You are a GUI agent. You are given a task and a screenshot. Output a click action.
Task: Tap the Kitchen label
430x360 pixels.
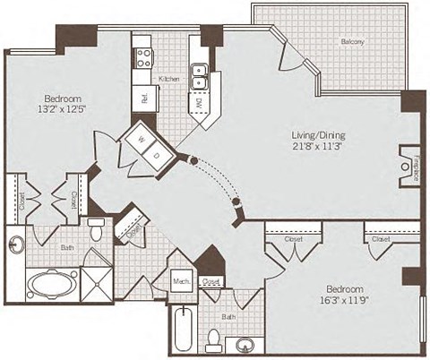[x=170, y=80]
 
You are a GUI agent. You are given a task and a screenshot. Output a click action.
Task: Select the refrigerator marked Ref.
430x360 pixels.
[x=143, y=97]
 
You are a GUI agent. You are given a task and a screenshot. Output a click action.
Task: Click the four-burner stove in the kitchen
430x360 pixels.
[x=143, y=58]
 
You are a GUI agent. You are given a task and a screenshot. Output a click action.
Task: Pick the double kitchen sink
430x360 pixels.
[x=202, y=78]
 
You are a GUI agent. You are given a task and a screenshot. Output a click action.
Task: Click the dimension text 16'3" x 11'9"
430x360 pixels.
[x=343, y=303]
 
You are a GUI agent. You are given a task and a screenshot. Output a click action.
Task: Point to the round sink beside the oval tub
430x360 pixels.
[x=16, y=243]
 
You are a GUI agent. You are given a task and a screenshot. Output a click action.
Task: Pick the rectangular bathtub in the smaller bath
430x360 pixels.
[x=182, y=330]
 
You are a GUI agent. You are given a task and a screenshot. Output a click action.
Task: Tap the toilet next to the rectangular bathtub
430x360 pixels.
[x=214, y=339]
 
